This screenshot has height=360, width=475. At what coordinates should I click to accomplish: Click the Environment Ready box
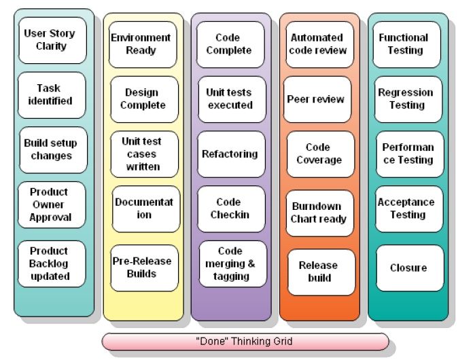[x=142, y=44]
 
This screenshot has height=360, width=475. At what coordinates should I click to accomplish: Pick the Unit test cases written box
[x=143, y=154]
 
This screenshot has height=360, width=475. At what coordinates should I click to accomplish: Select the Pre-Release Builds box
[x=143, y=268]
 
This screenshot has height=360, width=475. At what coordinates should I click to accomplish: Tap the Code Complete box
[x=230, y=44]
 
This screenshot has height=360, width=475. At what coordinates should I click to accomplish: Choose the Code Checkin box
[x=230, y=209]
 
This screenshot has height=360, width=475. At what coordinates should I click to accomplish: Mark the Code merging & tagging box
[x=231, y=264]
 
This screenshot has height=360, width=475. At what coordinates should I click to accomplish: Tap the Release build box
[x=320, y=271]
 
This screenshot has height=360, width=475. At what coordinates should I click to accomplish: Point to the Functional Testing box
[x=405, y=44]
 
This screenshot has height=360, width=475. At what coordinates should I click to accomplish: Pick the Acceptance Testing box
[x=407, y=209]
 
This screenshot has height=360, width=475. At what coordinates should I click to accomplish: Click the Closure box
[x=408, y=268]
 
